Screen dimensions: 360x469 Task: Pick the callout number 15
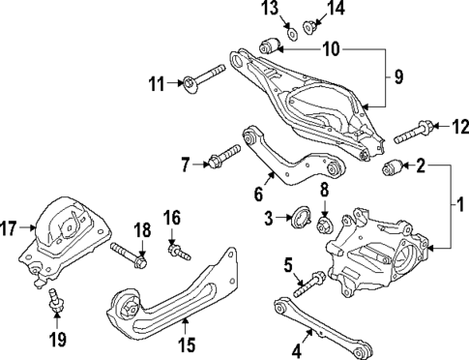coord(188,343)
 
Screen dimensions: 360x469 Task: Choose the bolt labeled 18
coord(128,256)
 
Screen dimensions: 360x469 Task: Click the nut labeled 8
coord(325,226)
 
